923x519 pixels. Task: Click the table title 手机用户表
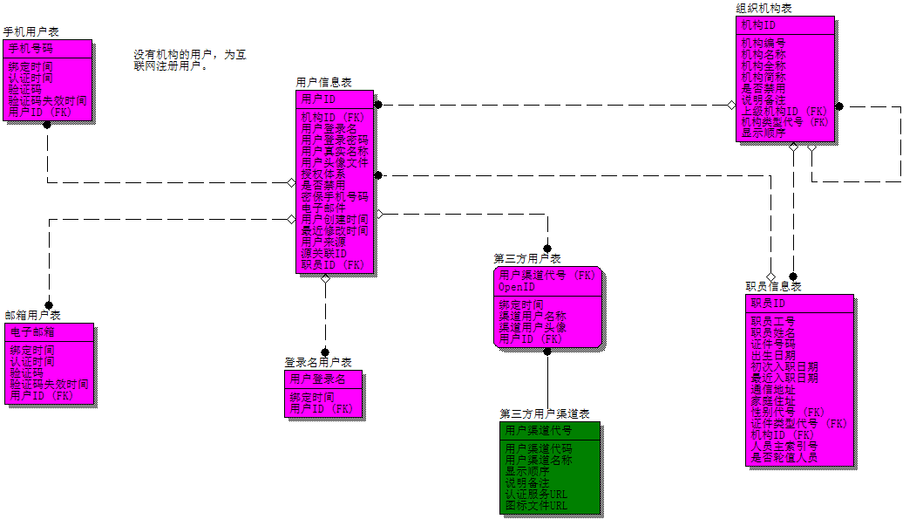[31, 31]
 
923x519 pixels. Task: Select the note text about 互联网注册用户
[189, 59]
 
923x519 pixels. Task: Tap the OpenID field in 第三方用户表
[517, 287]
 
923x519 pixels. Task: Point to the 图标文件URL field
[536, 505]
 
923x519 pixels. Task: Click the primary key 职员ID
[769, 303]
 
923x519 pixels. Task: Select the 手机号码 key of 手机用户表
[31, 48]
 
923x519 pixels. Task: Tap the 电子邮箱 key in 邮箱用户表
[32, 332]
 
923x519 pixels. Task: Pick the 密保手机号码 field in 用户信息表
[334, 197]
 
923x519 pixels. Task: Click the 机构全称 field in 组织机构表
[764, 65]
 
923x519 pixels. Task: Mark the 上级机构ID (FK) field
[784, 111]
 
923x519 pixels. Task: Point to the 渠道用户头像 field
[533, 327]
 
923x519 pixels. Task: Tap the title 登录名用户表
[317, 362]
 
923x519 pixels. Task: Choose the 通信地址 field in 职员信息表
[773, 389]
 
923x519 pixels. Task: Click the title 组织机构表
[764, 8]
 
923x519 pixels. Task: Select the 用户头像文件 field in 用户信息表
[335, 162]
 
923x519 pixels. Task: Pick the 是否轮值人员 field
[784, 457]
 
